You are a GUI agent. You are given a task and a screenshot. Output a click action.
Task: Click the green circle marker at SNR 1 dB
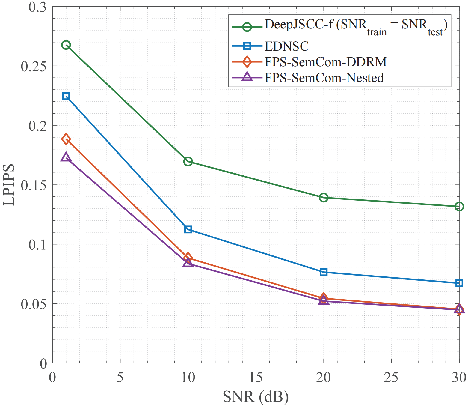(66, 45)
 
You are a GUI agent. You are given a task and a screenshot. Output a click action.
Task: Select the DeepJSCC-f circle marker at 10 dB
(188, 161)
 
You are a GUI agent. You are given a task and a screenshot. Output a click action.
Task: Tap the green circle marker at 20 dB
(324, 197)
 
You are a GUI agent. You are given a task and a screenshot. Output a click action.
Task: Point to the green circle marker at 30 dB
(459, 206)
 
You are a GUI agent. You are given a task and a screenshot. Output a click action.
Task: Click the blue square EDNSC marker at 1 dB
(66, 96)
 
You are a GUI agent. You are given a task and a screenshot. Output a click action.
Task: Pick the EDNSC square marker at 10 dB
(188, 230)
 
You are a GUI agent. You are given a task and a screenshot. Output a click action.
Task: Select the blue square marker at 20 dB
(324, 272)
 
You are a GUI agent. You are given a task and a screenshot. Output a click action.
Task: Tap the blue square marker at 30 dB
(459, 283)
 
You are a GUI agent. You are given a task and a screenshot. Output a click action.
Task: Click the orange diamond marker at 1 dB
(66, 139)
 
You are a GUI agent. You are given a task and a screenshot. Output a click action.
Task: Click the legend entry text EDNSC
(286, 46)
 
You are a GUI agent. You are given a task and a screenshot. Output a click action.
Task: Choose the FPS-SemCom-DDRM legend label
(325, 62)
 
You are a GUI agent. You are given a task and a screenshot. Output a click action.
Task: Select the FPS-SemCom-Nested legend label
(324, 78)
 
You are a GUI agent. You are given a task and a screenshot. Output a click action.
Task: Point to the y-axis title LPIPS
(9, 185)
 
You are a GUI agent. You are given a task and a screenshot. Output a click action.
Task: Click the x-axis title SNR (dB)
(256, 397)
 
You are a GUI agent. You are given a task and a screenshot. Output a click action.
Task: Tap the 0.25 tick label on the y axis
(34, 66)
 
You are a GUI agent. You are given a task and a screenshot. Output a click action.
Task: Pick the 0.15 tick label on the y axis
(34, 185)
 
